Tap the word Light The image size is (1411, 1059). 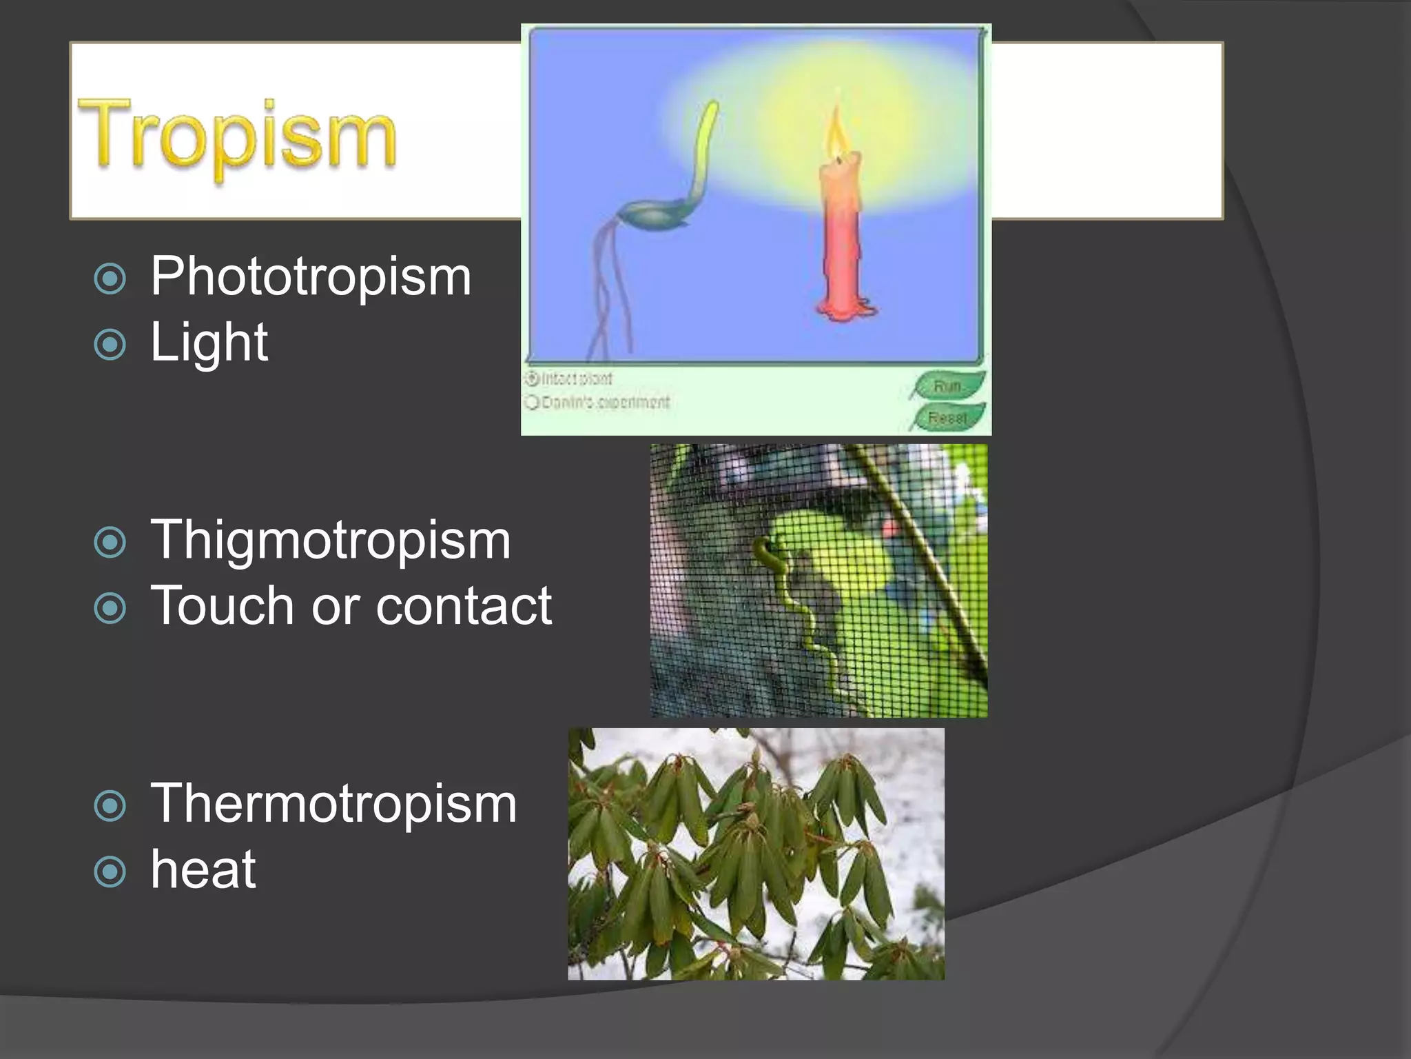coord(209,342)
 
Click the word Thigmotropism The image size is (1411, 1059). coord(330,540)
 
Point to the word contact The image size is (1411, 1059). coord(463,606)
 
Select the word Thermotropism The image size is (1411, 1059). coord(333,804)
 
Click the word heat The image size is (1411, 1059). coord(203,870)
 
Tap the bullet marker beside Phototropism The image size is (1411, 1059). coord(110,279)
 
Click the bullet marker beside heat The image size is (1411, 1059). coord(110,872)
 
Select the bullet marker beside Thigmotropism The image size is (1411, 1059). coord(110,542)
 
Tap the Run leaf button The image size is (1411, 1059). coord(948,386)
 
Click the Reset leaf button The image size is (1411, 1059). coord(948,418)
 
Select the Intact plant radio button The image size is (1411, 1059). coord(532,379)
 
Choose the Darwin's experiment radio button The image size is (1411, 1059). coord(532,402)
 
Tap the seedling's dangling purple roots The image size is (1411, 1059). coord(610,290)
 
